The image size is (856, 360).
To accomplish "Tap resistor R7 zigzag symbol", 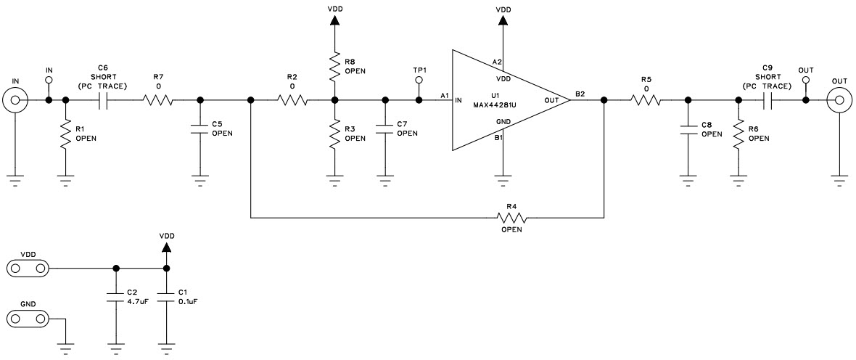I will (x=158, y=100).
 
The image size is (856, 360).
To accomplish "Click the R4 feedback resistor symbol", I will (x=511, y=217).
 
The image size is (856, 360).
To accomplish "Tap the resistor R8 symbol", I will (x=334, y=66).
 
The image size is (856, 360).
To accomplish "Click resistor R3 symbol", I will (x=334, y=134).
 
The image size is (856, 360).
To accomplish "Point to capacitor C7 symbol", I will (x=386, y=129).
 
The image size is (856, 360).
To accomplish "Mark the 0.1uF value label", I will (x=188, y=301).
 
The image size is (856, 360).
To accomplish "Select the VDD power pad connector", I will (x=27, y=269).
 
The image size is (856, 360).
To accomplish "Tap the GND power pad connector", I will (x=27, y=318).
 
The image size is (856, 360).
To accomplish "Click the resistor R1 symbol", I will (x=66, y=134).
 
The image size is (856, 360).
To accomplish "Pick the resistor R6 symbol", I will (x=738, y=134).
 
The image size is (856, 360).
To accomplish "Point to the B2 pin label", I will (x=580, y=94).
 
